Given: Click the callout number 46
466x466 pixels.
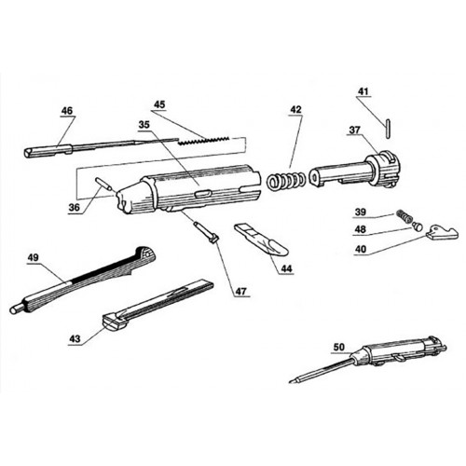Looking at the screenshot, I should coord(66,110).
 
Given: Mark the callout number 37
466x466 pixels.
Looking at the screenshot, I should coord(355,131).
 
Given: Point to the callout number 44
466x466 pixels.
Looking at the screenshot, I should coord(285,267).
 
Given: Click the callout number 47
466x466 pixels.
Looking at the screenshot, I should coord(240,292).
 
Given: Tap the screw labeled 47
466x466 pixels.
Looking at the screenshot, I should coord(208,229).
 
